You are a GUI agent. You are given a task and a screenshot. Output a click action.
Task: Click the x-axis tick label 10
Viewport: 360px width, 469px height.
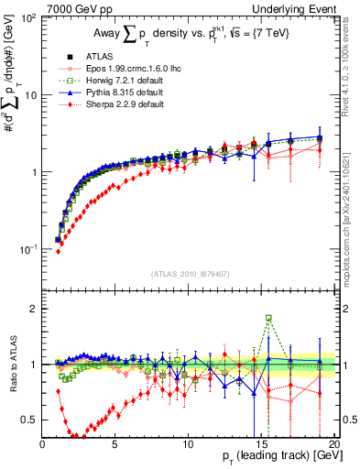pos(187,443)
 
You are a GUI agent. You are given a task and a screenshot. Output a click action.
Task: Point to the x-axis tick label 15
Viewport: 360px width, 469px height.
pos(259,443)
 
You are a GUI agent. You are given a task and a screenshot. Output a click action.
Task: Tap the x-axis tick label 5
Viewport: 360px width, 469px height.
pos(115,443)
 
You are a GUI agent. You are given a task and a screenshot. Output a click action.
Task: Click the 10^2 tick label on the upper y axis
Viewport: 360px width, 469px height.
pos(27,18)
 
